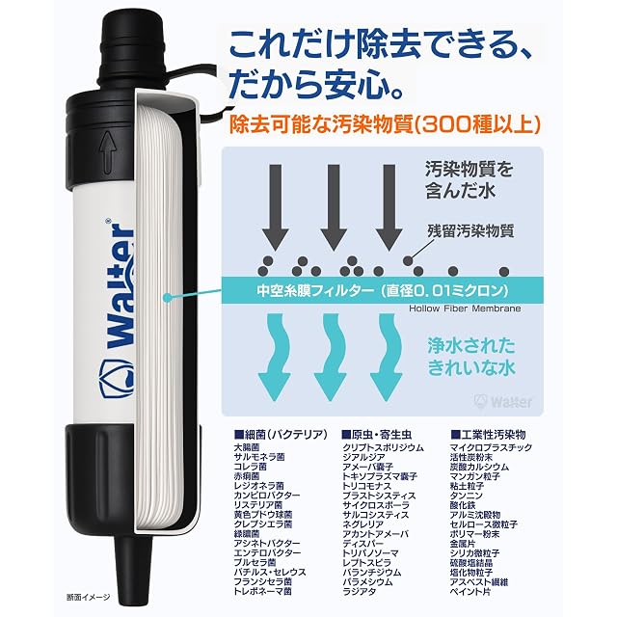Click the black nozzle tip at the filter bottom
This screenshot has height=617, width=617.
click(x=133, y=567)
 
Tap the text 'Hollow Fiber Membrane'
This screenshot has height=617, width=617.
click(x=465, y=308)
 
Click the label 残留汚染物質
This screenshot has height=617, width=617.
click(x=470, y=231)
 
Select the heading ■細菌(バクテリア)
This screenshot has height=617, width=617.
click(x=281, y=435)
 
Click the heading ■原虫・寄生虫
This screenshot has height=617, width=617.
click(x=377, y=435)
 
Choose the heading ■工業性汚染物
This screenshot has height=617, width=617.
click(x=488, y=435)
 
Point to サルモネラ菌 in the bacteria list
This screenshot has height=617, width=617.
click(x=259, y=457)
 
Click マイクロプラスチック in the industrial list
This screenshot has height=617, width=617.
click(x=491, y=447)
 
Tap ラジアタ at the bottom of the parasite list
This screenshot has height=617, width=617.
click(x=360, y=591)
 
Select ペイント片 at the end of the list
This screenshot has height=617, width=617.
click(x=470, y=591)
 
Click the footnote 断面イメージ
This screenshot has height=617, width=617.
click(x=88, y=597)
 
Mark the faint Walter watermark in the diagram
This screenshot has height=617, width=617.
click(x=503, y=402)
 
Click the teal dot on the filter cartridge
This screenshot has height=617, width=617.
click(x=168, y=298)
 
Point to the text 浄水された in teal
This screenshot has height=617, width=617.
click(x=471, y=346)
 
